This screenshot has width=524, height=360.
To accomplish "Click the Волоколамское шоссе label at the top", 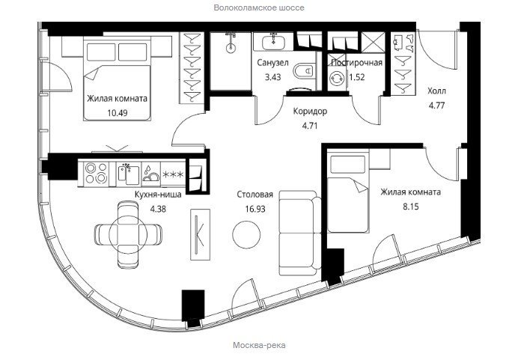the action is click(x=259, y=7).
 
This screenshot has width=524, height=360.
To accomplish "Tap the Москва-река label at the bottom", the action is click(x=259, y=345).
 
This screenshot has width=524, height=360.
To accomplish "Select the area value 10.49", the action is click(x=118, y=113).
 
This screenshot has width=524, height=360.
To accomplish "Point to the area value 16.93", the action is click(x=255, y=209).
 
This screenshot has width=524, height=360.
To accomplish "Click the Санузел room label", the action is click(x=272, y=63).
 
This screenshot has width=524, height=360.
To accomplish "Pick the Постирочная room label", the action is click(x=356, y=63).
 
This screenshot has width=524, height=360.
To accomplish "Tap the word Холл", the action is click(x=436, y=91).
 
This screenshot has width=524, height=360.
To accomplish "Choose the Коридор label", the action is click(x=310, y=111).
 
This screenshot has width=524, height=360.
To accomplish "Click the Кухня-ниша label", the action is click(x=158, y=195).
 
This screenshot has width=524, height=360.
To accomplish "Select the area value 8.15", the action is click(x=411, y=207).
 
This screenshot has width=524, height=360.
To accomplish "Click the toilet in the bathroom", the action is click(x=303, y=71).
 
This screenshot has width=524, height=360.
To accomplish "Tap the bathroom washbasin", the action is click(x=273, y=42).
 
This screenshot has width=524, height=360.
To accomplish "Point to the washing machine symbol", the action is click(x=337, y=79).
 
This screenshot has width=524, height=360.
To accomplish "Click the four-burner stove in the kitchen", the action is click(x=96, y=173).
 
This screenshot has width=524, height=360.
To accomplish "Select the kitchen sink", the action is click(x=129, y=174).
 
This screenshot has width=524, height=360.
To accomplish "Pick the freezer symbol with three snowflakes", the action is click(x=173, y=174).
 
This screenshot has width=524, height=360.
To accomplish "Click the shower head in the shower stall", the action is click(x=231, y=48).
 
